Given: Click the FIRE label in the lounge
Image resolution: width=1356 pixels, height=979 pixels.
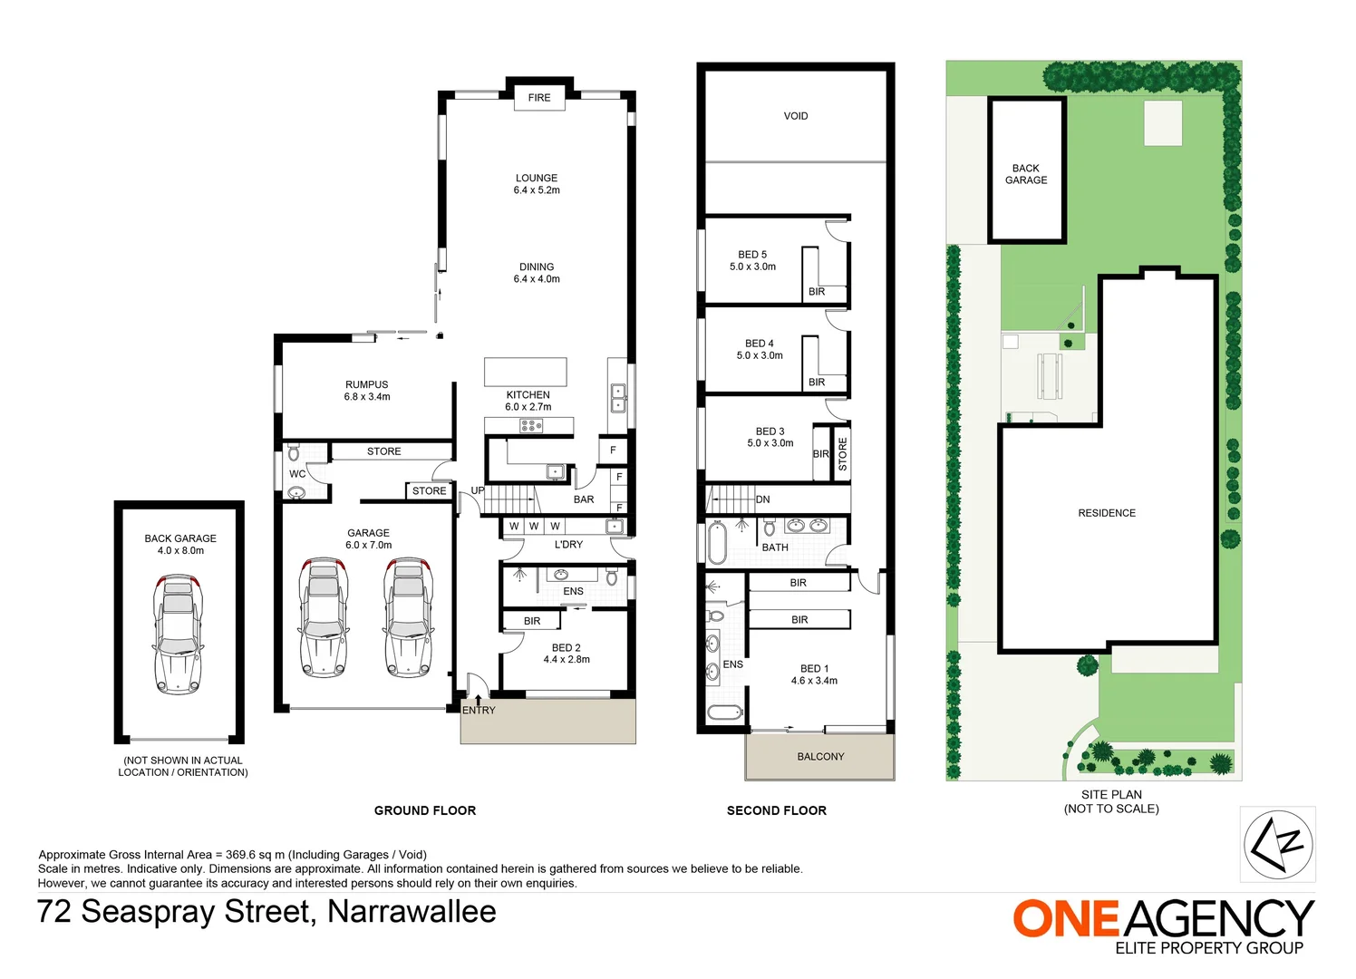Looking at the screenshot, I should point(539,98).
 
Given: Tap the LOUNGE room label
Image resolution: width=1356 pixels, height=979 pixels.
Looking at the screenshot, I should point(537,179).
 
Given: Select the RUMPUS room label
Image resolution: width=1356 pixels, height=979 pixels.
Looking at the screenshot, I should point(366,385).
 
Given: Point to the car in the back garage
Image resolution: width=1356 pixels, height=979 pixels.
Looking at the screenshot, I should point(179,633).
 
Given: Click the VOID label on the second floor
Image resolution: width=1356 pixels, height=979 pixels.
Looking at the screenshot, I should point(796,116).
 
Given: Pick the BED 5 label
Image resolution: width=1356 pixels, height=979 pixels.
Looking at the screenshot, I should point(752,255).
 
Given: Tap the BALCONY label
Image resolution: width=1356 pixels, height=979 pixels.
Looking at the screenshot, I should point(820,757).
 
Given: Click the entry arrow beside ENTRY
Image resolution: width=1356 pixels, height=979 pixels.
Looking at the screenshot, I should point(479,699).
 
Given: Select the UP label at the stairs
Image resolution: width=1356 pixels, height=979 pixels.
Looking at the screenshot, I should point(478,490).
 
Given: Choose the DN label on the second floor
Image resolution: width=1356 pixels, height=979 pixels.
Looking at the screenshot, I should point(763,499).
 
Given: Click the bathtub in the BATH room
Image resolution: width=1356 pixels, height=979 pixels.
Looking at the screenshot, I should point(717,542).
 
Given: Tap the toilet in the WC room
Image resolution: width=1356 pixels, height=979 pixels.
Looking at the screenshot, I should point(293,451).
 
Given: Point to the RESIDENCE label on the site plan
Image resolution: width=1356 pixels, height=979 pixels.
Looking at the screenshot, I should point(1107,513).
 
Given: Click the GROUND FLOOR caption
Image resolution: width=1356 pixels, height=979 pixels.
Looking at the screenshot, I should point(425,810).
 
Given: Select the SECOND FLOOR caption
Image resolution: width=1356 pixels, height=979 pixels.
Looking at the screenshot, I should point(777,810).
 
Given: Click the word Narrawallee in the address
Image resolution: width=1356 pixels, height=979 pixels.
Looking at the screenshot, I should point(412,911).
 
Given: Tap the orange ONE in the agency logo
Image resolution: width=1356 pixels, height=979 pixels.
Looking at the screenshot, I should point(1067,919).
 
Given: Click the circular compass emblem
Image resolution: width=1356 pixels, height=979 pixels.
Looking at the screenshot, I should point(1278,845).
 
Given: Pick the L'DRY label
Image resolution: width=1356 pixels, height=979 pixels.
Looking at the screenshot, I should point(568,545).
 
